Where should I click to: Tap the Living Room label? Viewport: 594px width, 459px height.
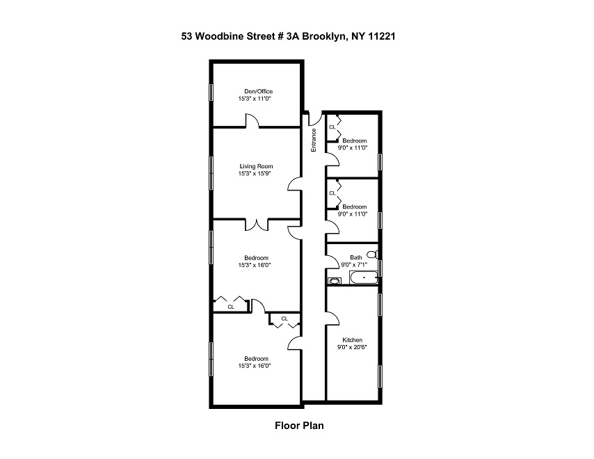coord(256,166)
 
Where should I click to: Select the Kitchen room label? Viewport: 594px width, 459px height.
coord(352,340)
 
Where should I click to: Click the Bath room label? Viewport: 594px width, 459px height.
coord(355,257)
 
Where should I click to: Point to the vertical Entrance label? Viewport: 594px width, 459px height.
coord(314,140)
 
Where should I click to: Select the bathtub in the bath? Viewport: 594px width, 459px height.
coord(363,279)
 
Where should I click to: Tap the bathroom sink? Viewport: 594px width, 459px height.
coord(333,280)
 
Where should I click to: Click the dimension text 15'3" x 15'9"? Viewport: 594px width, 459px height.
coord(256,174)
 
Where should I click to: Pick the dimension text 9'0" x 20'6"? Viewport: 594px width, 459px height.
coord(352,348)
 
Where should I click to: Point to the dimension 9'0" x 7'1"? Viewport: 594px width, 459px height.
coord(355,264)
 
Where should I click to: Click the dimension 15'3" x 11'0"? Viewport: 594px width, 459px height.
coord(255,99)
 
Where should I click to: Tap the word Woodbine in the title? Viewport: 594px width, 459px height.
coord(223,33)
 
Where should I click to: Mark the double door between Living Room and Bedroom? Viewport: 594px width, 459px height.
coord(257,225)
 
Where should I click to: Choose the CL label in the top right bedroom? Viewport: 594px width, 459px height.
coord(332,127)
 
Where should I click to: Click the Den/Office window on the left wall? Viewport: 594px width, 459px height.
coord(211,92)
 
